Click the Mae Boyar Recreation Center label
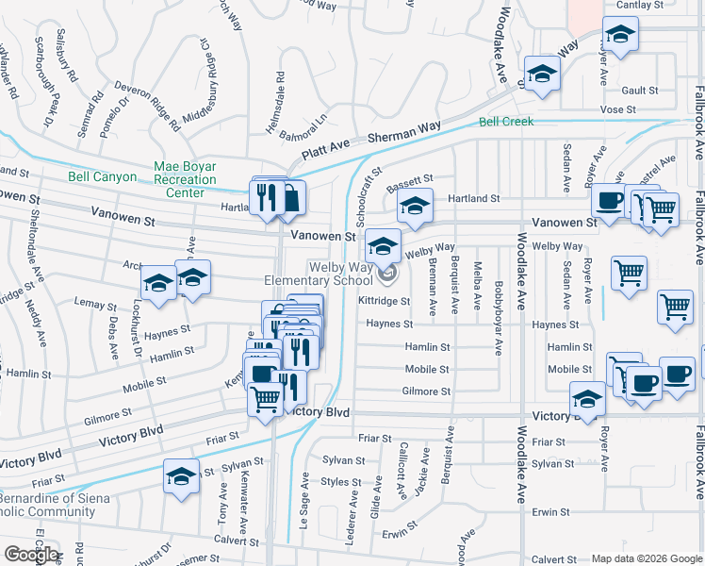click(x=185, y=179)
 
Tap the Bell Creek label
click(x=506, y=122)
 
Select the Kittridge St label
click(x=384, y=302)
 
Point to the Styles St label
click(x=341, y=481)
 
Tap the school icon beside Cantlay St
click(x=619, y=37)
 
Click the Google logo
click(x=31, y=555)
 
